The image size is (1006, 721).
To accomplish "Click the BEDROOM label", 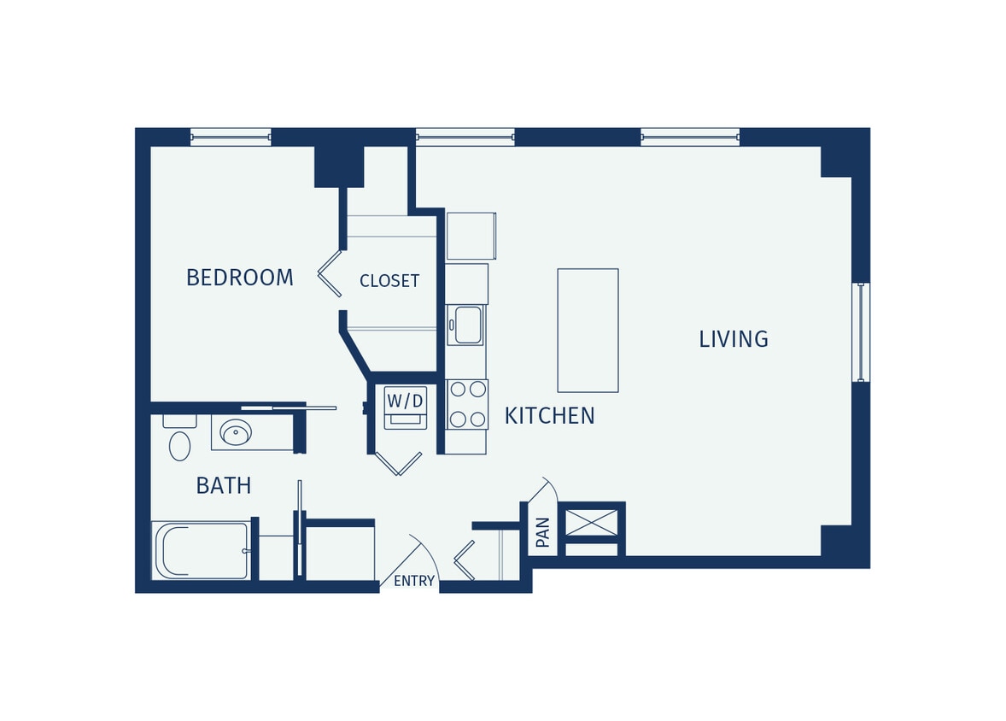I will point(239,278).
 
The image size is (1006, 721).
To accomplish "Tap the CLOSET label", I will point(389,281).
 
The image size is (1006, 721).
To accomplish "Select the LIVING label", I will point(733,339).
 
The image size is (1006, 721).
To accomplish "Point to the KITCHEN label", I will point(549,416).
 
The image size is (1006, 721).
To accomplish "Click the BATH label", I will point(224,486).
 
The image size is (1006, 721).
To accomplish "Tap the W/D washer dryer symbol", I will point(405,407).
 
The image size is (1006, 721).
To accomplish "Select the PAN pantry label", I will point(543,532).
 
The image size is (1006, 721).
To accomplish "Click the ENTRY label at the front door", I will point(414,581).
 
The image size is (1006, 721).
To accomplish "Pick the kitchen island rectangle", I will point(588,330).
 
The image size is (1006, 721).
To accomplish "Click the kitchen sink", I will point(467,325).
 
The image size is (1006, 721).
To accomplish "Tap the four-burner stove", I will point(467,404).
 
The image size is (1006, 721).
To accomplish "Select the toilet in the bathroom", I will point(179,441).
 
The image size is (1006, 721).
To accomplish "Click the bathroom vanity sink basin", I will point(236,432).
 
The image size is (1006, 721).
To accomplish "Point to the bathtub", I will point(202,551).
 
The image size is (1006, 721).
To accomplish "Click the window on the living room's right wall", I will point(860,331).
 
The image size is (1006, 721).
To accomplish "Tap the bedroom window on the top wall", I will point(230,137).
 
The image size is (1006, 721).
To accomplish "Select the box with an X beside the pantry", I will point(591,522).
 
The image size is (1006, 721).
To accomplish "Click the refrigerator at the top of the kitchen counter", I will point(471,236).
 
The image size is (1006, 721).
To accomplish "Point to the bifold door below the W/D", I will point(398,464).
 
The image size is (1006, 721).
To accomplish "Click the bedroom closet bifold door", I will point(330,274).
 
